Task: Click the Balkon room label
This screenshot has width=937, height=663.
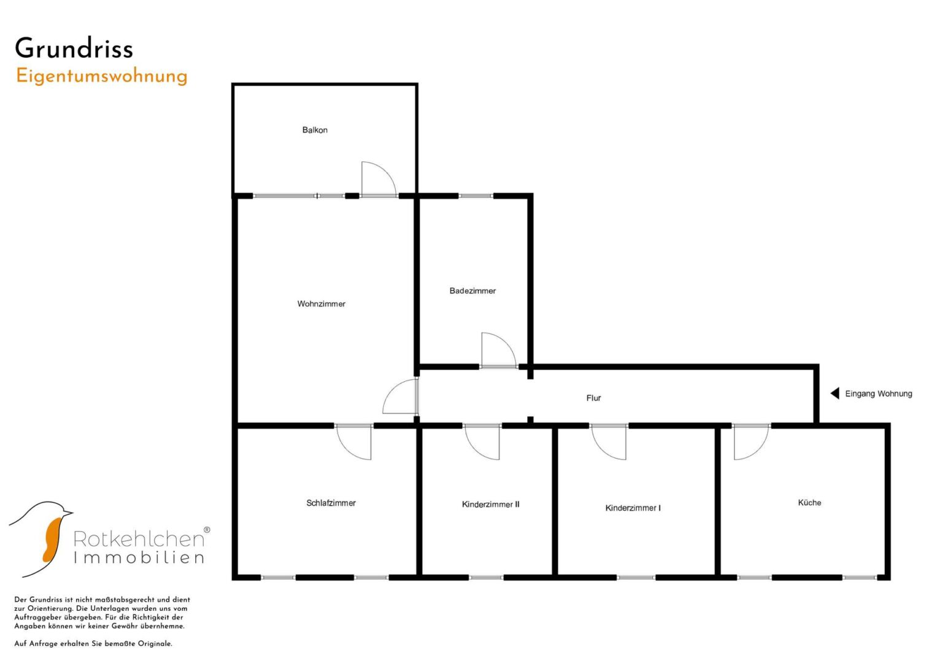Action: [x=315, y=130]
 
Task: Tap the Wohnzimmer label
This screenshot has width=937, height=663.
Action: [x=322, y=304]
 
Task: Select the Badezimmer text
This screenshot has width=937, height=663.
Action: [x=472, y=291]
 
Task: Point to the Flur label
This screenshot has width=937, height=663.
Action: [x=593, y=398]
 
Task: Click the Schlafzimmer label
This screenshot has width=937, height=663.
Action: [x=331, y=503]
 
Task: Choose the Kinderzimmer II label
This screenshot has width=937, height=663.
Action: [x=491, y=505]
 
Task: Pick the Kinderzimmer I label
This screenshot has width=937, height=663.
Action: [x=633, y=508]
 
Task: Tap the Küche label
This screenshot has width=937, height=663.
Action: [x=809, y=503]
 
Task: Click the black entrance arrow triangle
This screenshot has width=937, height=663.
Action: [x=835, y=394]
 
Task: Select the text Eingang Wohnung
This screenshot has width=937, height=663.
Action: [x=879, y=394]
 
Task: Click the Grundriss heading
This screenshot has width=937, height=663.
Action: [x=74, y=48]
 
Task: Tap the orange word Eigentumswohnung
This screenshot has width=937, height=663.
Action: [x=102, y=77]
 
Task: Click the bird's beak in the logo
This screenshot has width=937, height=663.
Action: [x=67, y=512]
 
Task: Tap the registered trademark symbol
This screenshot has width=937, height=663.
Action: [x=207, y=530]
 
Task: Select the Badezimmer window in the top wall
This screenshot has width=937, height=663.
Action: [x=476, y=196]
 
